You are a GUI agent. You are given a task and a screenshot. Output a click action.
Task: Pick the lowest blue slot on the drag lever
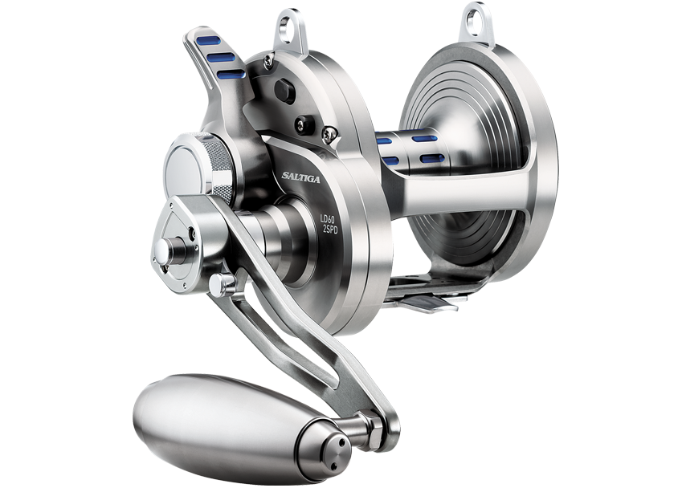coord(231,74)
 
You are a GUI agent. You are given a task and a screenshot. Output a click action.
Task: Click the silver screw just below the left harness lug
coord(327,130)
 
